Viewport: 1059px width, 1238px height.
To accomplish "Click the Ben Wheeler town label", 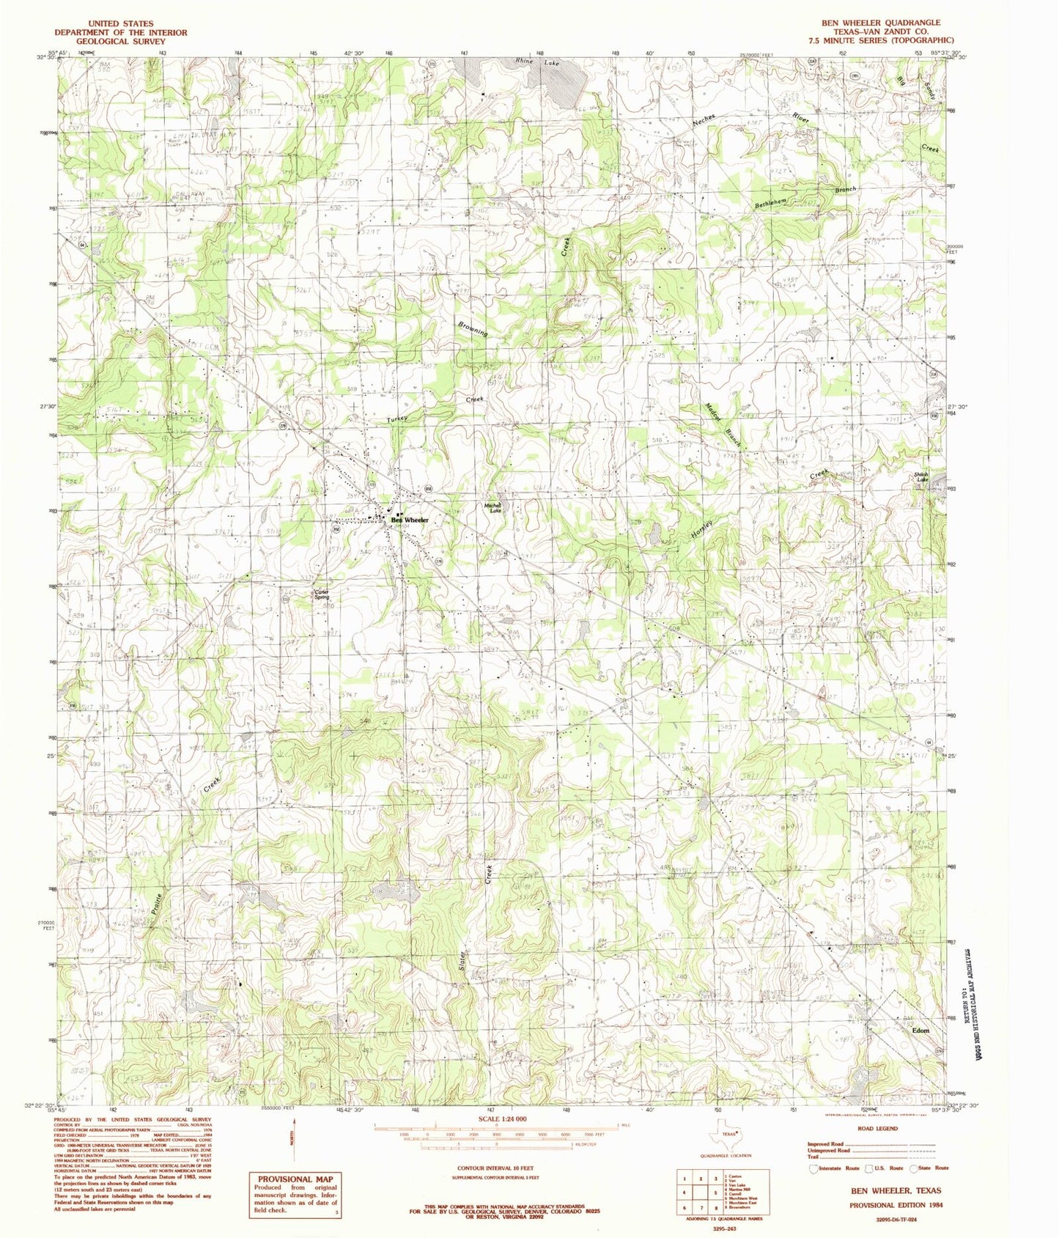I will point(410,519).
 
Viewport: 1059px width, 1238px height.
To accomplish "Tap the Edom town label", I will point(920,1030).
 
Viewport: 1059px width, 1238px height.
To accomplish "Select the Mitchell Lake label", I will point(492,507).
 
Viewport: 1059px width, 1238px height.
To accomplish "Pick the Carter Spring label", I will point(322,594).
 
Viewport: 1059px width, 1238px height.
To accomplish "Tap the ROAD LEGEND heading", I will point(874,1128).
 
